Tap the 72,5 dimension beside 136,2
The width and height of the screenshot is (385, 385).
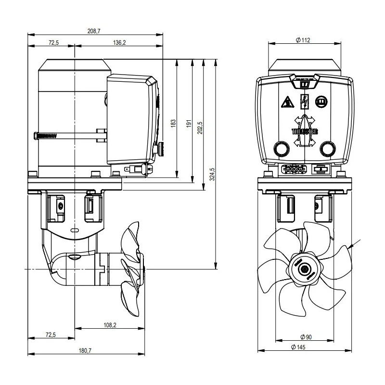pos(53,43)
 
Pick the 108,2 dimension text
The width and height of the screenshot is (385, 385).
pos(110,325)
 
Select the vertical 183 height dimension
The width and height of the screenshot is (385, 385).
pos(174,123)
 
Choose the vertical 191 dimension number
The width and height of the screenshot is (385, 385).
pos(189,123)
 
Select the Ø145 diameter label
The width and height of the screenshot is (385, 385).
pos(305,347)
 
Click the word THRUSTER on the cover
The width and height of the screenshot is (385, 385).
pos(304,130)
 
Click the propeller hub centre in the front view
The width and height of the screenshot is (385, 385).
pos(304,269)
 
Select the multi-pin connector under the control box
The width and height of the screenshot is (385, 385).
pos(291,169)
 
